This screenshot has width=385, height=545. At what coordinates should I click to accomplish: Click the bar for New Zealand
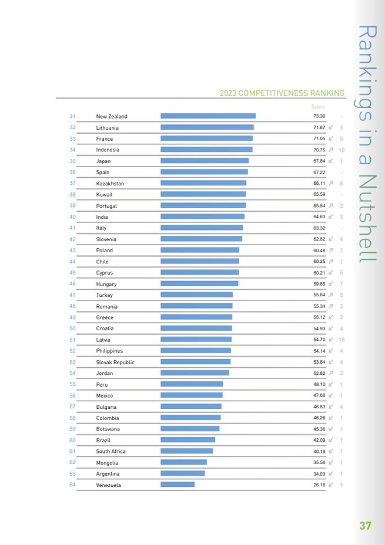click(208, 116)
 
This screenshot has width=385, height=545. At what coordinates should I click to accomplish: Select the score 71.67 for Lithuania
click(319, 127)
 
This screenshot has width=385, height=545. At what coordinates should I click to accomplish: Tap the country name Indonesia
click(108, 150)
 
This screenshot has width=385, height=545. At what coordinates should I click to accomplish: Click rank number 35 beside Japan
click(72, 161)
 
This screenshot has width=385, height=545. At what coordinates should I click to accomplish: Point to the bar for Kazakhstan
click(203, 183)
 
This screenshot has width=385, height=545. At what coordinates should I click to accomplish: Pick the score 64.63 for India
click(319, 217)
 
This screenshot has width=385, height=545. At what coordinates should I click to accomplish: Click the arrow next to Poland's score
click(332, 251)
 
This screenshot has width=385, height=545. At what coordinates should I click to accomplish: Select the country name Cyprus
click(105, 273)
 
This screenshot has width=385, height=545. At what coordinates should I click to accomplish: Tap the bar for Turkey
click(196, 295)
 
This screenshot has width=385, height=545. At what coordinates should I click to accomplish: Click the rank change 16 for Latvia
click(341, 340)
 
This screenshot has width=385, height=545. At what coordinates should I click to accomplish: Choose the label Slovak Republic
click(115, 363)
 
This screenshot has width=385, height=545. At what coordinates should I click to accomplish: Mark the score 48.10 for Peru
click(319, 385)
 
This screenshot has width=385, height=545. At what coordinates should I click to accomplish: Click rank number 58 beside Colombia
click(72, 418)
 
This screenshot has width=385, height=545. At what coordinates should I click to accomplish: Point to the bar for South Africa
click(186, 451)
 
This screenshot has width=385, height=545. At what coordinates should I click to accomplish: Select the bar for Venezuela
click(178, 485)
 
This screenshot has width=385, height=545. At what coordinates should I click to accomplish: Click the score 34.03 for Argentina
click(319, 473)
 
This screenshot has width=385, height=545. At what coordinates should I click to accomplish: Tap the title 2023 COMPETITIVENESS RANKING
click(282, 93)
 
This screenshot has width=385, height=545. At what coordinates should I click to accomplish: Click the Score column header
click(318, 107)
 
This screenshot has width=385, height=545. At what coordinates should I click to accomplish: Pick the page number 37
click(366, 526)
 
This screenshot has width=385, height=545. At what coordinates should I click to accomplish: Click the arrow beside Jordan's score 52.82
click(332, 373)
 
